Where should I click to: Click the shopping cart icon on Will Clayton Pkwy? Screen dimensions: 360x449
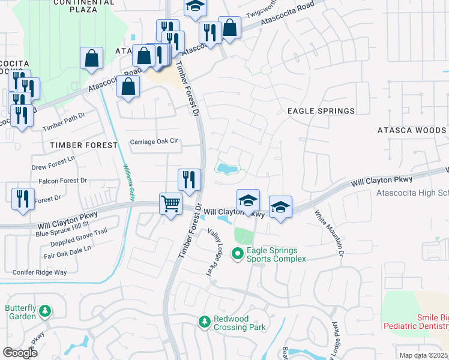click(x=170, y=204)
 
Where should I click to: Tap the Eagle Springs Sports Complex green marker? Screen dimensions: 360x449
click(x=238, y=254)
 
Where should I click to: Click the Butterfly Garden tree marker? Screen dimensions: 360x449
click(x=44, y=311)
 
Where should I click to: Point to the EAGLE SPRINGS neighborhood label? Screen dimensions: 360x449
click(x=321, y=111)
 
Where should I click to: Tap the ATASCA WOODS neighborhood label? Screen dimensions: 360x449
click(x=411, y=130)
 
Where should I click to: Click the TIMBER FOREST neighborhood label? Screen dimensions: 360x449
click(x=84, y=145)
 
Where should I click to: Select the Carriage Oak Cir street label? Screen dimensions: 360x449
click(x=155, y=142)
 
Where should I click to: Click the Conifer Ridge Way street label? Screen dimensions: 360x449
click(x=40, y=272)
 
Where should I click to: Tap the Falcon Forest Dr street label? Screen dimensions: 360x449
click(x=63, y=181)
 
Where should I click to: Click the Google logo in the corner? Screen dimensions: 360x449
click(x=20, y=353)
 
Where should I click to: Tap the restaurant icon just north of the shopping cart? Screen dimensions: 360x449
click(x=188, y=179)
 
